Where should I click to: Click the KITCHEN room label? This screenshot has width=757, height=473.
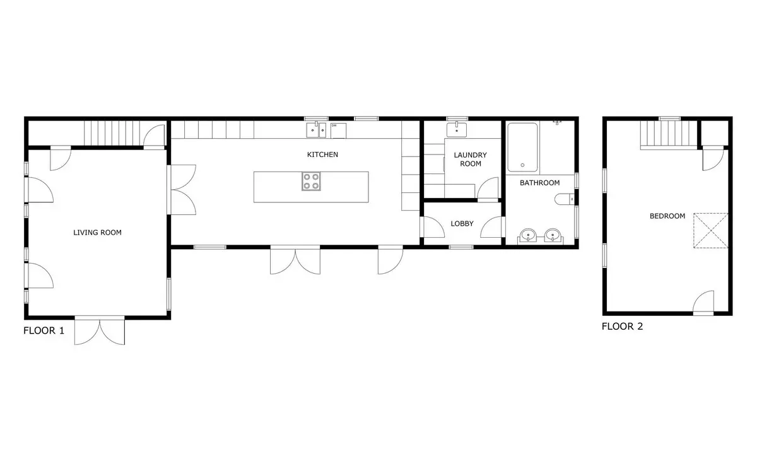click(x=322, y=155)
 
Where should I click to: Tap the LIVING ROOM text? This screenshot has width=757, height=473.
click(x=97, y=233)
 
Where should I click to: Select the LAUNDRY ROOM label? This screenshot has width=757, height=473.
click(x=471, y=160)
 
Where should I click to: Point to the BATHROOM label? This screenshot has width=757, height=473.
click(x=540, y=183)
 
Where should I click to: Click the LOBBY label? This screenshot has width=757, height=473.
click(x=462, y=224)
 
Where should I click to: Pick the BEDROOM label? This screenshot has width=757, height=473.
click(x=667, y=216)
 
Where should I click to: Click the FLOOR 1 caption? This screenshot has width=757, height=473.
click(x=44, y=330)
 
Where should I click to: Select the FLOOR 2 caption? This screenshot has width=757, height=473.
click(x=622, y=327)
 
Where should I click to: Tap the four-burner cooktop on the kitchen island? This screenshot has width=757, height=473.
click(x=311, y=182)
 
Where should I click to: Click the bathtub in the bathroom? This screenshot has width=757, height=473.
click(x=522, y=148)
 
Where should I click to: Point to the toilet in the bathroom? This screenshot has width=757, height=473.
click(x=565, y=199)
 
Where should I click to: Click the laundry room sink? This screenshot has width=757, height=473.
click(x=457, y=130)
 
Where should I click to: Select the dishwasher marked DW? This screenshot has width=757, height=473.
click(x=338, y=131)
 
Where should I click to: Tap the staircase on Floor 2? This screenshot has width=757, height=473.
click(x=669, y=135)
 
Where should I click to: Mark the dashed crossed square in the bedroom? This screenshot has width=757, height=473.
click(x=711, y=231)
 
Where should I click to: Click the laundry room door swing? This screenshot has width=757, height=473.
click(x=487, y=188)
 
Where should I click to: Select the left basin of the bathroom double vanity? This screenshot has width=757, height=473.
click(x=527, y=235)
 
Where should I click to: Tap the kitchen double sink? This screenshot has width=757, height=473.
click(x=316, y=131)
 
